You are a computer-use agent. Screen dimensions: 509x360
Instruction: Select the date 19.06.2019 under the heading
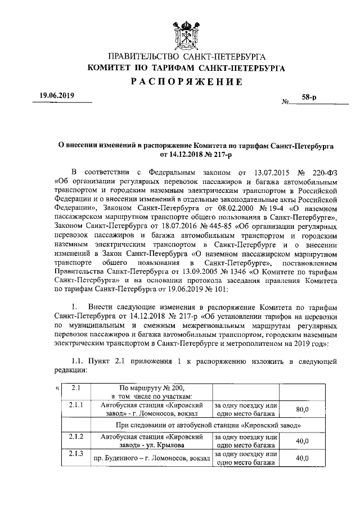(x=56, y=96)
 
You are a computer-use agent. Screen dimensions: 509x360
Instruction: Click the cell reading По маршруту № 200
(x=152, y=388)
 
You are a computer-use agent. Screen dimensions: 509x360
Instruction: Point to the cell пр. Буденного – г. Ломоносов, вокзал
(x=151, y=459)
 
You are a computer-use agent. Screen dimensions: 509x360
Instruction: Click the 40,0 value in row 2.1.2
(x=302, y=441)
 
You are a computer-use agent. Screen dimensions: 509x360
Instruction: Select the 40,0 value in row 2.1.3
(x=302, y=458)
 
